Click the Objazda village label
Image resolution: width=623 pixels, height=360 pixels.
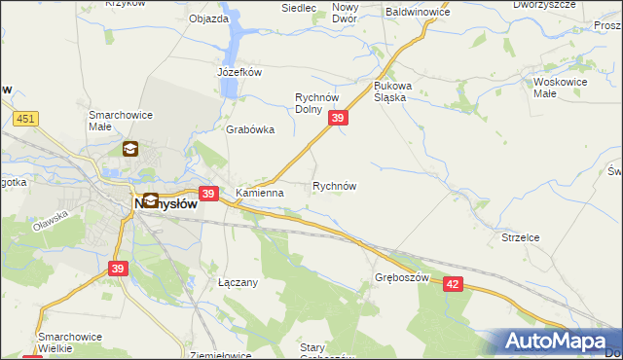click(208, 18)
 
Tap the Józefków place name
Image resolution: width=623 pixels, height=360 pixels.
click(239, 72)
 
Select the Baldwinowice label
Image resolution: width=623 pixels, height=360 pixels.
click(418, 12)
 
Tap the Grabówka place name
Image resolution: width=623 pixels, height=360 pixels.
click(250, 129)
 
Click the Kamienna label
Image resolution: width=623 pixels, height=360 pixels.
click(259, 193)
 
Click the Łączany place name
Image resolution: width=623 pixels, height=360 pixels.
click(238, 282)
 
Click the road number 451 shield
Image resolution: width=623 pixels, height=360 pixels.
click(25, 119)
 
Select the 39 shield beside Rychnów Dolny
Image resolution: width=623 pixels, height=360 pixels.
click(338, 118)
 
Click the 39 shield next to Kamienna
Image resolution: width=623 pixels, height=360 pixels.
click(207, 194)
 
